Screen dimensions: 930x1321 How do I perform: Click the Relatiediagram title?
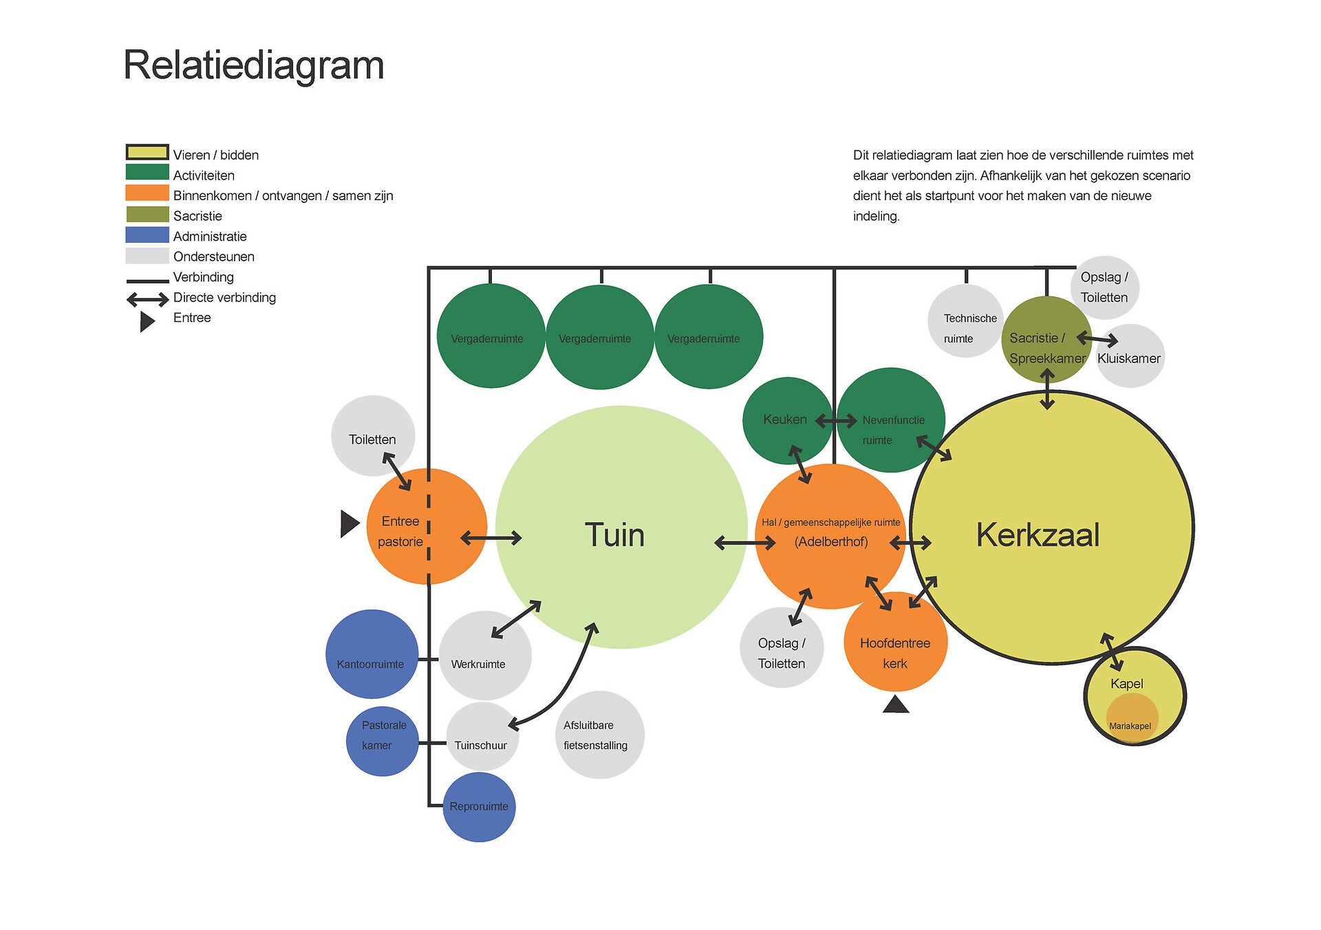[x=253, y=66]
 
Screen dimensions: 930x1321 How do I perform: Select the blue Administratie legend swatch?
[x=147, y=235]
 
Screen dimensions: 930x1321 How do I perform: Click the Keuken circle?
[x=786, y=420]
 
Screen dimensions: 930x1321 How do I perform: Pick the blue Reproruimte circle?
[x=479, y=807]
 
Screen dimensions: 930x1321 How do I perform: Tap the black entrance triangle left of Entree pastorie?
[x=350, y=523]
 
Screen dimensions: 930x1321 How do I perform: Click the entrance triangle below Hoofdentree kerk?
[x=896, y=705]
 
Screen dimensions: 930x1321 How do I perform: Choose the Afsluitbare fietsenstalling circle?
[x=600, y=735]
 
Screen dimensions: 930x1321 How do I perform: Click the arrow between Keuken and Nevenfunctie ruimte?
[x=836, y=420]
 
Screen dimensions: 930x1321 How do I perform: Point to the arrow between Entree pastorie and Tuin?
[x=491, y=538]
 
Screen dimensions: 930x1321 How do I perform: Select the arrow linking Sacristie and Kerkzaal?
[x=1047, y=389]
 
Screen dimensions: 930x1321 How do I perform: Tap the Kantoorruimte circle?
[x=372, y=653]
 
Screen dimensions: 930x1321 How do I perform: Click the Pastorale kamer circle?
[x=382, y=741]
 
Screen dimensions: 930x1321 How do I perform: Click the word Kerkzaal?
[x=1038, y=535]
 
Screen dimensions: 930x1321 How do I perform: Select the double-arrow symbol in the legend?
[x=147, y=299]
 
